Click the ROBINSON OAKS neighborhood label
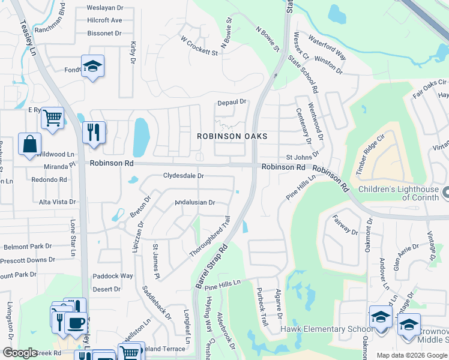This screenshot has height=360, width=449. point(232,137)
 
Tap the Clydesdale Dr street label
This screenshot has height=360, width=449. point(184,176)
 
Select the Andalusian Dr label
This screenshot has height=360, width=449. point(194,203)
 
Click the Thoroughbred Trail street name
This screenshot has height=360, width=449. point(210,238)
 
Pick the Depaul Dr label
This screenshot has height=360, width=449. point(232,102)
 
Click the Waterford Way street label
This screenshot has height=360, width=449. point(327,47)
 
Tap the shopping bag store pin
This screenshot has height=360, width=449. point(29,145)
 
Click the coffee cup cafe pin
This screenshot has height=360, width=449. point(76,323)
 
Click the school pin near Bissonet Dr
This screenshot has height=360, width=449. point(92,65)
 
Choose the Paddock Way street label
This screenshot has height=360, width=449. point(113,276)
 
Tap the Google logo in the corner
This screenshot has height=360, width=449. point(20,353)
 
